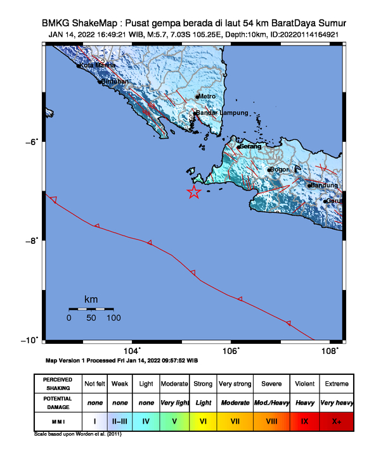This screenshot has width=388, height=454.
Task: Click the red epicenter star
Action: click(x=194, y=192)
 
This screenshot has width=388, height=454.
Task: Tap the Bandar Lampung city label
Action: click(x=217, y=113)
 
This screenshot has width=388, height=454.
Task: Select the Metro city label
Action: click(x=208, y=96)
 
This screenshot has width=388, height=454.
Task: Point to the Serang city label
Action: click(x=250, y=147)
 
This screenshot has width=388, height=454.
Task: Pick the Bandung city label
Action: click(x=325, y=185)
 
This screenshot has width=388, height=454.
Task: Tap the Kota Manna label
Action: click(x=93, y=65)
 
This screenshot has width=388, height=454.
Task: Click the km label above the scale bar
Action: click(x=91, y=299)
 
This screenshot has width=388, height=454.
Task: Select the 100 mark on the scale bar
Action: click(x=113, y=318)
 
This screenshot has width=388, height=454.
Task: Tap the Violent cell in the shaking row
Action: click(x=305, y=384)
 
